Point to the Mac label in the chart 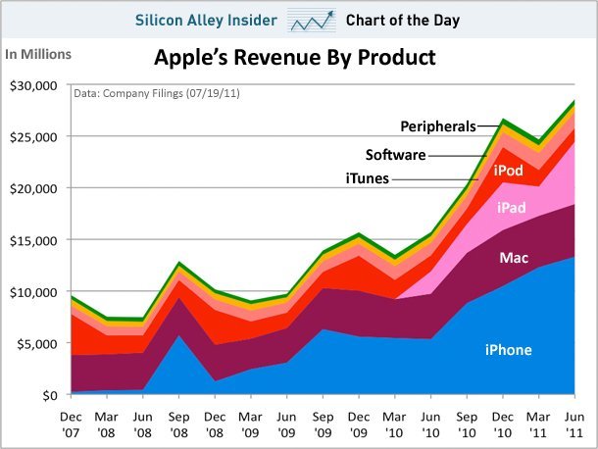514,258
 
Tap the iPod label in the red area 507,171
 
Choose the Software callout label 394,154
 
